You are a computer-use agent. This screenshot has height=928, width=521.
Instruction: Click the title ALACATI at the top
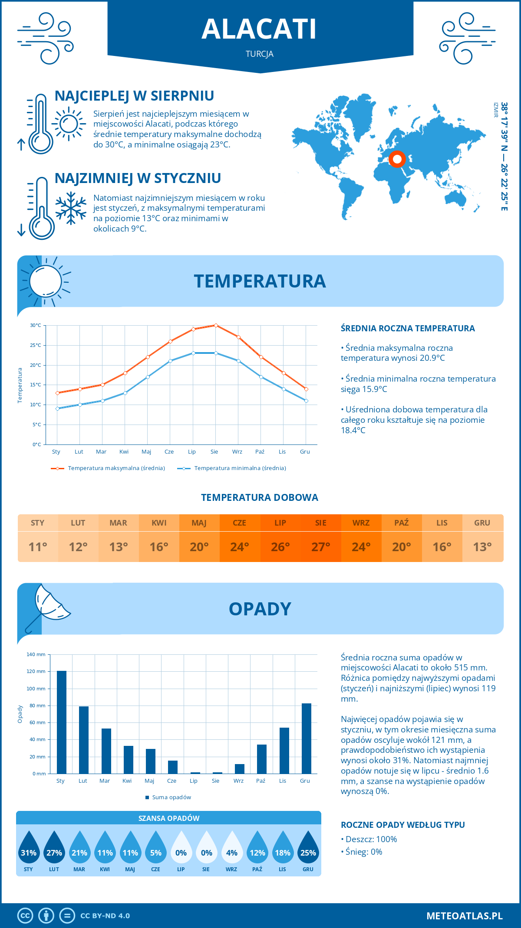click(x=259, y=29)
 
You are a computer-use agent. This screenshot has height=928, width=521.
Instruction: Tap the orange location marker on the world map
click(x=397, y=159)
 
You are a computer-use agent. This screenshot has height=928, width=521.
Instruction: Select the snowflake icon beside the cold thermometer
click(x=71, y=208)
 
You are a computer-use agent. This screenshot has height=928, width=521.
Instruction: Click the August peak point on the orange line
click(x=216, y=325)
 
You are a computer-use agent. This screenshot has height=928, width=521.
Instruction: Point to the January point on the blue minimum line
click(x=57, y=408)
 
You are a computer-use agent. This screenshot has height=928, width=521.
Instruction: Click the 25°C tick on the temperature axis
click(x=36, y=345)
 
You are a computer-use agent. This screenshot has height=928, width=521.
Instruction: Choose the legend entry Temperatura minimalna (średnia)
click(x=240, y=468)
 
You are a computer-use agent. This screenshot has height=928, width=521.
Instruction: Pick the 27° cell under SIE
click(x=320, y=547)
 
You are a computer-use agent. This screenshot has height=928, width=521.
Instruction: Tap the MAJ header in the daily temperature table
click(x=199, y=523)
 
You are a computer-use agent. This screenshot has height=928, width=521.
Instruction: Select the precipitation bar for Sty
click(x=62, y=722)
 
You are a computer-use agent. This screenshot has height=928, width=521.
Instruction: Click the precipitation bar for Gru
click(x=307, y=738)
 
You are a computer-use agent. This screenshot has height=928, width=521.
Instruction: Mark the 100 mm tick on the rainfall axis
click(x=36, y=689)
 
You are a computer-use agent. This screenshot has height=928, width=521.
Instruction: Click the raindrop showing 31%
click(x=29, y=848)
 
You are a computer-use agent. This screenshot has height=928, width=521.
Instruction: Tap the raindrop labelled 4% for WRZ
click(x=232, y=848)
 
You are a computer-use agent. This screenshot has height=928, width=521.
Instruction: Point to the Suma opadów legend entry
click(x=171, y=797)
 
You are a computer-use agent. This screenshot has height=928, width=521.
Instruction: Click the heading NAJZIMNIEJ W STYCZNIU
click(x=138, y=178)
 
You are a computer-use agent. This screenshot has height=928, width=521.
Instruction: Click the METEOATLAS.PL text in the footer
click(x=465, y=915)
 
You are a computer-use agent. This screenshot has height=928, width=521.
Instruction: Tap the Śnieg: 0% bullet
click(x=363, y=852)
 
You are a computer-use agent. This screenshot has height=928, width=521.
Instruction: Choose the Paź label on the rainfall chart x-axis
click(x=260, y=781)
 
